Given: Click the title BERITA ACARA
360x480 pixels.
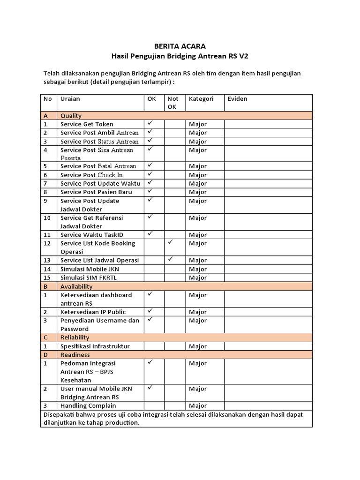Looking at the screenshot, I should pyautogui.click(x=180, y=46).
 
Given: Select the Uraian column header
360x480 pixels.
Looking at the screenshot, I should pyautogui.click(x=70, y=99).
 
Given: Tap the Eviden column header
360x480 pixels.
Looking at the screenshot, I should pyautogui.click(x=237, y=99).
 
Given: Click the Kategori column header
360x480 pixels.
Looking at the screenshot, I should pyautogui.click(x=201, y=99).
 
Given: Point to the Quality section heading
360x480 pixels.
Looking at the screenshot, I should pyautogui.click(x=71, y=115).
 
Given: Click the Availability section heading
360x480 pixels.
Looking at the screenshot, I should pyautogui.click(x=76, y=286).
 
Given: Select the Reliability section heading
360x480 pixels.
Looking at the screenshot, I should pyautogui.click(x=75, y=337).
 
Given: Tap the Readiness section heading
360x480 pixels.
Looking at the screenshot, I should pyautogui.click(x=75, y=355).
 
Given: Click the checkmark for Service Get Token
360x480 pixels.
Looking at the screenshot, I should pyautogui.click(x=150, y=124).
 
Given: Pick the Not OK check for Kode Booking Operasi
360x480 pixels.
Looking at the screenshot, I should pyautogui.click(x=171, y=243).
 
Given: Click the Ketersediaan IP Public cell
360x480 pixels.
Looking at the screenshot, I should pyautogui.click(x=93, y=312).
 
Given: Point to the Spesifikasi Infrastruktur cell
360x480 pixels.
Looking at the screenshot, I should pyautogui.click(x=95, y=346).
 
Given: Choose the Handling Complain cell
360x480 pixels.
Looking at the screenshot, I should pyautogui.click(x=88, y=405).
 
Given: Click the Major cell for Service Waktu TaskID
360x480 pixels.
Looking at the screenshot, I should pyautogui.click(x=198, y=235).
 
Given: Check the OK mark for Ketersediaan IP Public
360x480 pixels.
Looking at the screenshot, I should pyautogui.click(x=150, y=311).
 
